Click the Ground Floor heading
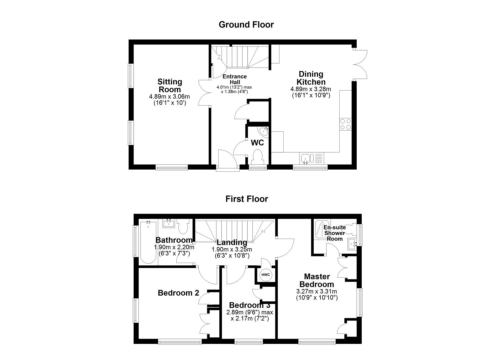coord(246,25)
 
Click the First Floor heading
coord(247,199)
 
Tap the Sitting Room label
coord(170,85)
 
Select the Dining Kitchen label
coord(311,78)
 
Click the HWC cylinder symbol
coord(266,275)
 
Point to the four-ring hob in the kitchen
coord(345,124)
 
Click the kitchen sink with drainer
coord(311,158)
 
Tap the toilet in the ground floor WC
coord(257,157)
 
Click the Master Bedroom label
coord(317,280)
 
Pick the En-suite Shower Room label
coord(335,233)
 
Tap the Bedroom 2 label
coord(178,293)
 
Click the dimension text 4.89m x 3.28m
coord(311,89)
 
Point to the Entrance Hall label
coord(235,79)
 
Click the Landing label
coord(232,242)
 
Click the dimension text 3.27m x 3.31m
coord(317,291)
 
